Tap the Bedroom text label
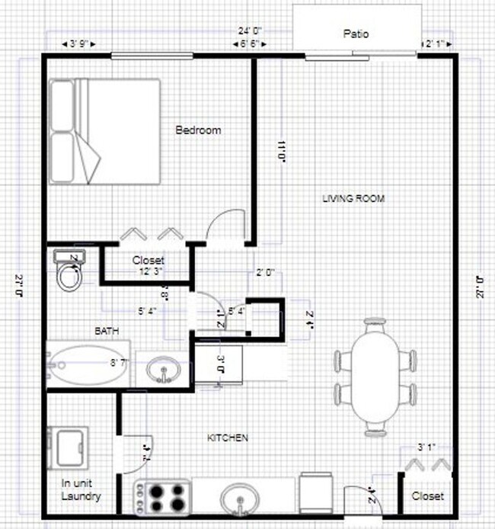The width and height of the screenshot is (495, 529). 198,130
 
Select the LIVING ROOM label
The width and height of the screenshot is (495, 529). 353,199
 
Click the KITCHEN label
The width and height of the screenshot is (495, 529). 228,438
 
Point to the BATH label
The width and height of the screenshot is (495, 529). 106,332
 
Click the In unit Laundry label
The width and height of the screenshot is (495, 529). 81,489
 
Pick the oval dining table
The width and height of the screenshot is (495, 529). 374,377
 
